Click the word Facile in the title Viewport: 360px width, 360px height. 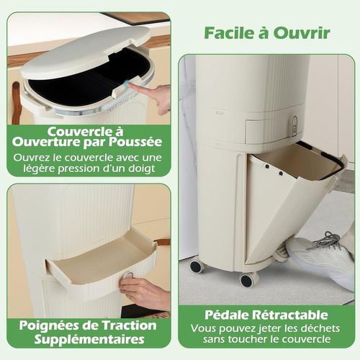coord(227,32)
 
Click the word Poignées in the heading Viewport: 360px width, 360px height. coord(52,325)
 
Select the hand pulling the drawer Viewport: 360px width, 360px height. coord(144,292)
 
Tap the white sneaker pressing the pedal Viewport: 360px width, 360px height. coord(320,256)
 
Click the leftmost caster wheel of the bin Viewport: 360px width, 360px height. coord(196,266)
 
